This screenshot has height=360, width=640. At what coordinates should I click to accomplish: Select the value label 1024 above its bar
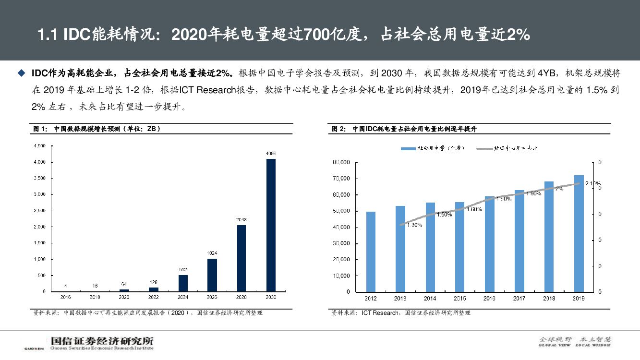pos(212,252)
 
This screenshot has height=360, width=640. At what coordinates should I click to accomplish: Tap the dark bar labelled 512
pos(183,283)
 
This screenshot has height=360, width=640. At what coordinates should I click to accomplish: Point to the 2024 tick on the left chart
pos(183,298)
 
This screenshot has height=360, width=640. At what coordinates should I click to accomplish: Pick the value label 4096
pos(271,153)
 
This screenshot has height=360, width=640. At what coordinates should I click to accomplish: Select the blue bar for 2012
pos(371,252)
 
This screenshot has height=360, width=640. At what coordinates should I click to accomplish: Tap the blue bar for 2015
pos(460,247)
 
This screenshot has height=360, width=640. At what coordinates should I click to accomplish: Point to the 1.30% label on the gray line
pos(414,225)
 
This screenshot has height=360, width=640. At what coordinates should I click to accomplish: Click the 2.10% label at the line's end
pos(592,183)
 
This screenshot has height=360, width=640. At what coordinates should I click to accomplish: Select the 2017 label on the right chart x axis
pos(519,299)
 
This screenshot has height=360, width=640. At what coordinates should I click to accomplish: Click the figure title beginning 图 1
pos(96,129)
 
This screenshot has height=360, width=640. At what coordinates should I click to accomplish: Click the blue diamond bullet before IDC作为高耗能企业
pos(21,73)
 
